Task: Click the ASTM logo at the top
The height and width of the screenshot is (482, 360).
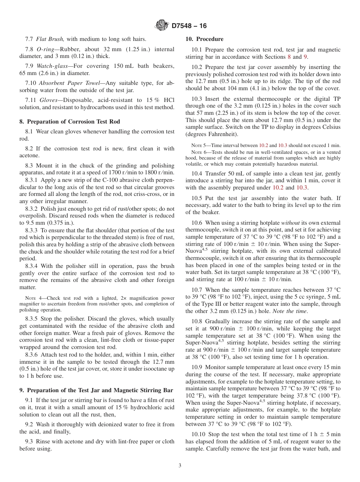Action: [x=162, y=26]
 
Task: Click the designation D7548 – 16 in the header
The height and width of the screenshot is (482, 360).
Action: [x=189, y=26]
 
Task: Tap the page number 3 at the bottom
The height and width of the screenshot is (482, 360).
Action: [x=180, y=466]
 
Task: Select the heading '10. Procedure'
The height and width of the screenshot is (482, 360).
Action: [x=204, y=39]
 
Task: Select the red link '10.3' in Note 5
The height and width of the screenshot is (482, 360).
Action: [x=283, y=146]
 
